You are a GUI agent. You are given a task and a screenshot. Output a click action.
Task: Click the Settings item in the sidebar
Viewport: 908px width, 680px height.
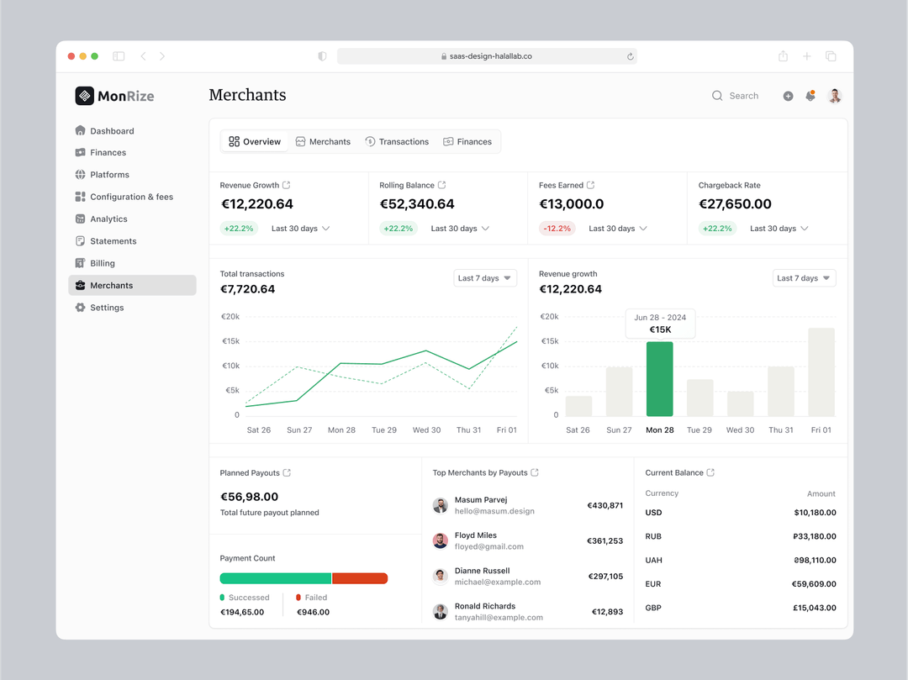click(x=107, y=308)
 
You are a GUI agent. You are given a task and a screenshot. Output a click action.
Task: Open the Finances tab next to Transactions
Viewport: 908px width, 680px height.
click(x=467, y=142)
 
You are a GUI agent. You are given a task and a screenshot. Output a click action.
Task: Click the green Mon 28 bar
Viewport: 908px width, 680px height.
click(x=659, y=379)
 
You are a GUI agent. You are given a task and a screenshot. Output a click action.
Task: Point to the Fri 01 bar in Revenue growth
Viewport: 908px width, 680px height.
click(x=821, y=372)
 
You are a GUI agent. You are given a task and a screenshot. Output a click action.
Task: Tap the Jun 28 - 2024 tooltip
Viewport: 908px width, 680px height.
click(x=660, y=324)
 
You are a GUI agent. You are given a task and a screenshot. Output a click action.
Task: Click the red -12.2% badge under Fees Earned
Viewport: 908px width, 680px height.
click(x=557, y=229)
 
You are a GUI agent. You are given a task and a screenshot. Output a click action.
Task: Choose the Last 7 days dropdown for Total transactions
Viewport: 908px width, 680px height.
click(x=484, y=278)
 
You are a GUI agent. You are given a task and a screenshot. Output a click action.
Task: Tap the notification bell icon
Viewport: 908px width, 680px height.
click(x=810, y=96)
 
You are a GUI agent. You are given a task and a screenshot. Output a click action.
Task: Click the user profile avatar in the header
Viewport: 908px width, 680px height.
click(x=834, y=96)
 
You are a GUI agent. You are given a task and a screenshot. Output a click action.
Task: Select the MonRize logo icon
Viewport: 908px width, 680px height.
click(x=84, y=96)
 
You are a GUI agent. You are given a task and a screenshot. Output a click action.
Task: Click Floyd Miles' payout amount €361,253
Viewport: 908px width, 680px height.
click(x=604, y=541)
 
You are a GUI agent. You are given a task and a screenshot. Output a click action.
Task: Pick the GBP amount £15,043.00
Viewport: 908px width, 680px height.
click(x=814, y=608)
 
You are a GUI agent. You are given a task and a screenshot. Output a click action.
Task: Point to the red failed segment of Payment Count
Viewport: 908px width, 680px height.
click(x=360, y=578)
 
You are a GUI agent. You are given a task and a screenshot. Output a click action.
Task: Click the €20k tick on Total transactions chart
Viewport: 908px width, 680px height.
click(x=230, y=317)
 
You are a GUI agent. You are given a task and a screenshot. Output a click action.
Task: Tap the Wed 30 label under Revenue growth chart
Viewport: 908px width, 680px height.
click(x=740, y=430)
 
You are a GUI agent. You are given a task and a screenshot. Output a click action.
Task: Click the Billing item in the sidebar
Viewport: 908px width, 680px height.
click(x=103, y=263)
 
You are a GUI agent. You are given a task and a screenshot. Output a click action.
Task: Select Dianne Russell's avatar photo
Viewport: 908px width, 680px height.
click(x=440, y=576)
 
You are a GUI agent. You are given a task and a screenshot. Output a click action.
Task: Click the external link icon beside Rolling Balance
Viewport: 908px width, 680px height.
click(x=442, y=185)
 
